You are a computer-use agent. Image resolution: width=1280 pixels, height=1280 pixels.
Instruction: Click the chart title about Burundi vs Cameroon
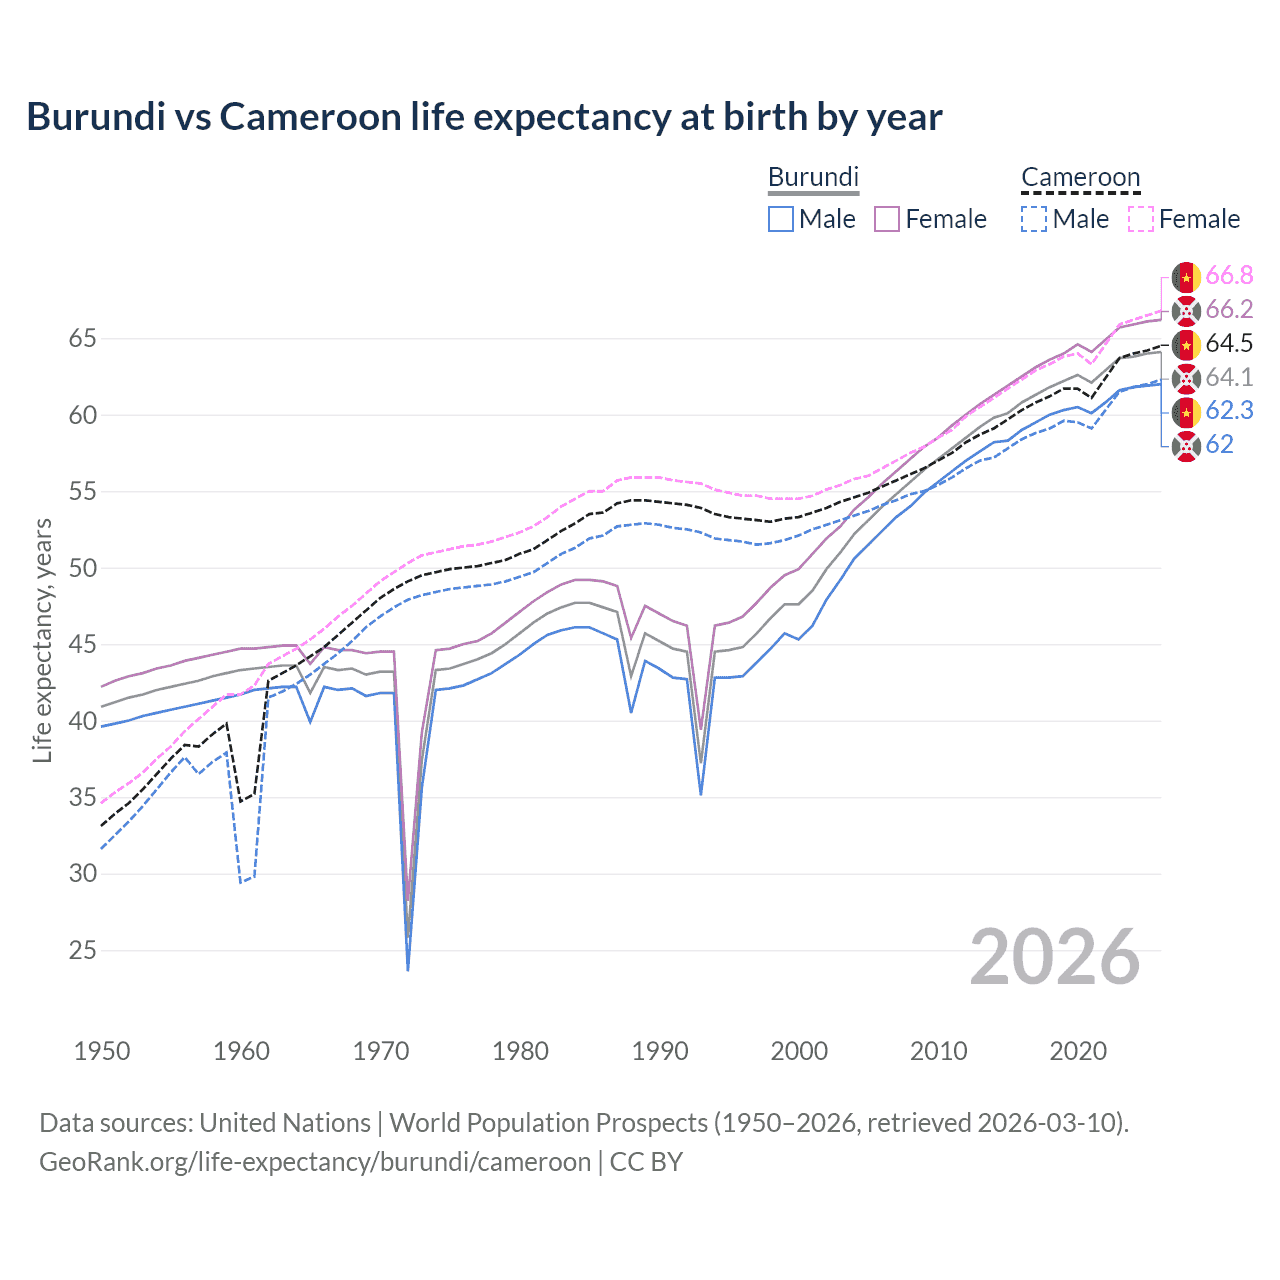[484, 117]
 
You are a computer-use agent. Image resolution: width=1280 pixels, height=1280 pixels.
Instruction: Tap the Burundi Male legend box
[781, 219]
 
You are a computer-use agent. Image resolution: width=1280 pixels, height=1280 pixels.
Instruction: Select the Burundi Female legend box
[887, 219]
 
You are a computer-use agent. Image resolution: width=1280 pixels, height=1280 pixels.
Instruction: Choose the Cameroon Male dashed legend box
[1034, 219]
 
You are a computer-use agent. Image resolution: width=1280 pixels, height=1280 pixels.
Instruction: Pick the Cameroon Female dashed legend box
[1141, 219]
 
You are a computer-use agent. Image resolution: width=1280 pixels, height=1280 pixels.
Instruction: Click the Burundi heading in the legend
[813, 177]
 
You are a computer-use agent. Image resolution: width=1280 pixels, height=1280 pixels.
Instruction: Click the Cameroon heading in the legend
[1080, 177]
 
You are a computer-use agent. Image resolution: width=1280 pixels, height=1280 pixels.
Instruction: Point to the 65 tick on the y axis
[82, 339]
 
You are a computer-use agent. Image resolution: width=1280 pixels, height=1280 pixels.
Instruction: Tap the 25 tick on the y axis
[82, 950]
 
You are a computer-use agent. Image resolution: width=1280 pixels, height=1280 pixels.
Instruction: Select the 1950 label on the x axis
[102, 1051]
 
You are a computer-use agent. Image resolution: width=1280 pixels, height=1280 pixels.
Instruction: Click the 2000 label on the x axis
[799, 1051]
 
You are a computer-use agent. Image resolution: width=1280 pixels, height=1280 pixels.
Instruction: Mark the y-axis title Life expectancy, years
[42, 640]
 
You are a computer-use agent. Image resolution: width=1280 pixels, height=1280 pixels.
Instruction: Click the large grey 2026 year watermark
[1055, 957]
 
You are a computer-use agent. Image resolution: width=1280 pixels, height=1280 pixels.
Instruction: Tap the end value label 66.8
[1229, 276]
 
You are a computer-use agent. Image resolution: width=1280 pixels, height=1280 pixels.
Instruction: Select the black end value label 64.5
[1229, 344]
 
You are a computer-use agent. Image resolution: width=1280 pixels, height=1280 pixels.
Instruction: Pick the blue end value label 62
[1219, 445]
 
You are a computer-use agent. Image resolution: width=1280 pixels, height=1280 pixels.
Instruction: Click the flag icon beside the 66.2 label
[1186, 310]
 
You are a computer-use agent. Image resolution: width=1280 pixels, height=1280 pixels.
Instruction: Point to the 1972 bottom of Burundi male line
[408, 969]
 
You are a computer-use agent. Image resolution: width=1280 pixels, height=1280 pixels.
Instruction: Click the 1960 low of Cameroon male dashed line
[241, 882]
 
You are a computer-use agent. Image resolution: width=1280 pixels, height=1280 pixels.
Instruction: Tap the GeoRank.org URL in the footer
[315, 1162]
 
